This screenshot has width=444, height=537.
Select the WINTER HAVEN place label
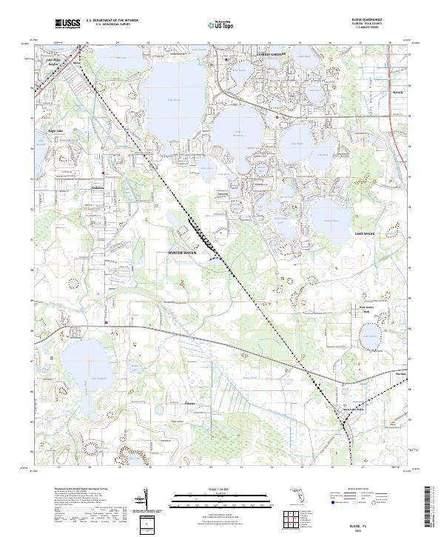[186, 253]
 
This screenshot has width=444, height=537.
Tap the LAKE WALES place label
[364, 233]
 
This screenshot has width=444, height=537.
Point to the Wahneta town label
[98, 187]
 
